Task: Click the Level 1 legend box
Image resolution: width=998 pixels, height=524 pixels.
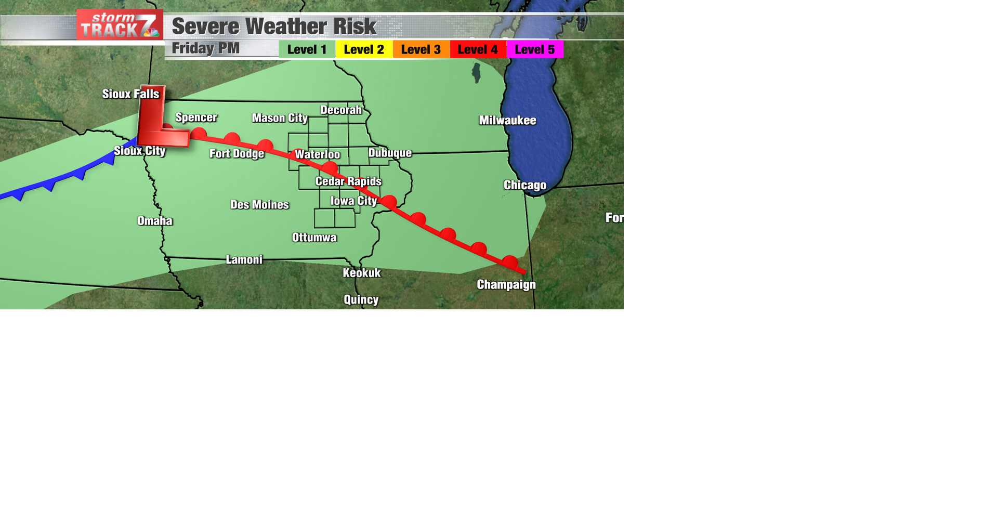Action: pyautogui.click(x=307, y=50)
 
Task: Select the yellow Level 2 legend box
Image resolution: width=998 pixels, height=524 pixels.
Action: pyautogui.click(x=364, y=50)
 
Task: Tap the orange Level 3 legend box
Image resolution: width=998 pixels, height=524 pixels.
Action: pyautogui.click(x=421, y=50)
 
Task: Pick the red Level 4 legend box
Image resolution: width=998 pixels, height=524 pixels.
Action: pyautogui.click(x=478, y=50)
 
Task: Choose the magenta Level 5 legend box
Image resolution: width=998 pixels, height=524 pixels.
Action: pyautogui.click(x=535, y=50)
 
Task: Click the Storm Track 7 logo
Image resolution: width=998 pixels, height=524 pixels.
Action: pyautogui.click(x=120, y=25)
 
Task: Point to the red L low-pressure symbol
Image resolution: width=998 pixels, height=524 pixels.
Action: pyautogui.click(x=160, y=117)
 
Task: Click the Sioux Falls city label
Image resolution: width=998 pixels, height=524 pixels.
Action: pyautogui.click(x=130, y=94)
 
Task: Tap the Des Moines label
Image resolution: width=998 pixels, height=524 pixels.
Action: pyautogui.click(x=259, y=205)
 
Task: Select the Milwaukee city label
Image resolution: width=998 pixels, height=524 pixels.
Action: pyautogui.click(x=507, y=121)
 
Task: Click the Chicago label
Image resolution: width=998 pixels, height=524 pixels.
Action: pyautogui.click(x=525, y=186)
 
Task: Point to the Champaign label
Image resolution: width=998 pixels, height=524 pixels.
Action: pyautogui.click(x=506, y=285)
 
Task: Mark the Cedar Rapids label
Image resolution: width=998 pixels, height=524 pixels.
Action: pyautogui.click(x=348, y=181)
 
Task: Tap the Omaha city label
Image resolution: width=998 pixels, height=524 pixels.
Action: pyautogui.click(x=155, y=221)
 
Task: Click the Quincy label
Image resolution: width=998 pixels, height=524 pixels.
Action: pyautogui.click(x=361, y=300)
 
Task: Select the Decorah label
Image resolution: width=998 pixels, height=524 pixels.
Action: pyautogui.click(x=341, y=110)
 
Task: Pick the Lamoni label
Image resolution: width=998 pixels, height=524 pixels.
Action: pyautogui.click(x=244, y=260)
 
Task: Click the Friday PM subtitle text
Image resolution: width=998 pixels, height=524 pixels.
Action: pyautogui.click(x=206, y=48)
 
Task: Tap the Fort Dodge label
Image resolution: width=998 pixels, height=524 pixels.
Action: pyautogui.click(x=237, y=153)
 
